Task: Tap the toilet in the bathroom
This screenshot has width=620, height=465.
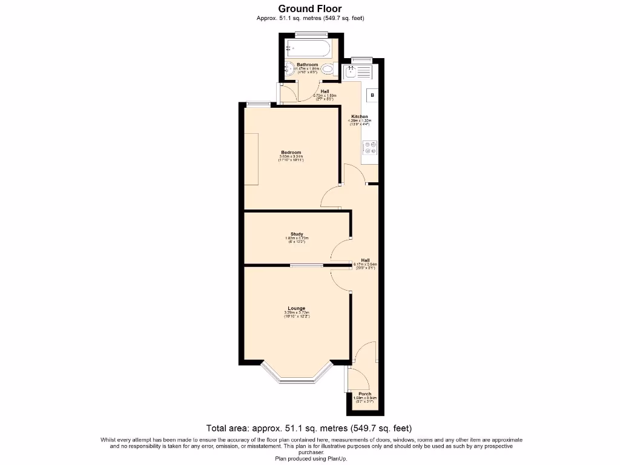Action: (x=328, y=69)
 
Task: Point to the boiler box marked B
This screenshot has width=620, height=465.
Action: (x=372, y=96)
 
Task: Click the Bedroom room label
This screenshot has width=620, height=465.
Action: (x=291, y=153)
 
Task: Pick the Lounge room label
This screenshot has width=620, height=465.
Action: (x=297, y=308)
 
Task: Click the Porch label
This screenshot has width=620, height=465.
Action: (x=364, y=394)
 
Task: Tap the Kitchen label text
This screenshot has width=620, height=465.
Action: (x=360, y=116)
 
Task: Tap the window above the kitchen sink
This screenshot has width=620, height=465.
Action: (x=361, y=59)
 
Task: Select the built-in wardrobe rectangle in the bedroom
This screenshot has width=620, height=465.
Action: (x=251, y=159)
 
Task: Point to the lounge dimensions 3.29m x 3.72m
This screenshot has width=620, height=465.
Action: (x=297, y=313)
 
